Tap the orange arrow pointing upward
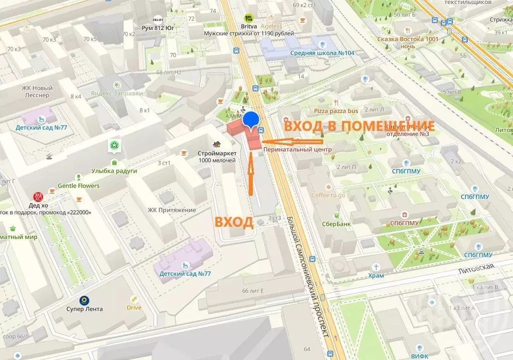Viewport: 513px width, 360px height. (250, 175)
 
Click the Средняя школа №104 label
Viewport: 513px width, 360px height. (322, 53)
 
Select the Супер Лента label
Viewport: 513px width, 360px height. (84, 309)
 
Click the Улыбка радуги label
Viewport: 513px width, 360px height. (114, 170)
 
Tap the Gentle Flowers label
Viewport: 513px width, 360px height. (79, 186)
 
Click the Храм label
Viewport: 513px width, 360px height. (376, 275)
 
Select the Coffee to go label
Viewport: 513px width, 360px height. (328, 195)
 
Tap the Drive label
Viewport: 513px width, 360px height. (134, 307)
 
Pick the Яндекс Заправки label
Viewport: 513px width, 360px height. (117, 93)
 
